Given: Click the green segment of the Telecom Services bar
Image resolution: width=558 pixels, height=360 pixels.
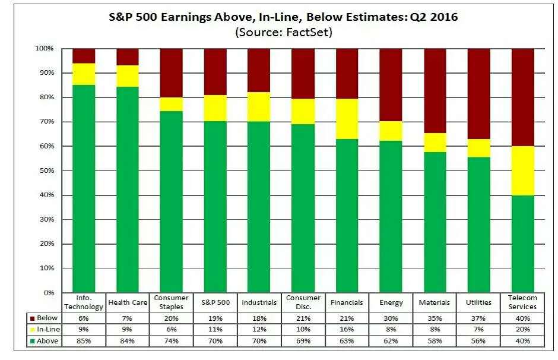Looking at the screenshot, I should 522,244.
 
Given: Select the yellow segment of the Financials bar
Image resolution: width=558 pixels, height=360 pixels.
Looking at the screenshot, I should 347,119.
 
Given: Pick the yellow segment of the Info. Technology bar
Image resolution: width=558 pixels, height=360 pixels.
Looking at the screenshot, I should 84,74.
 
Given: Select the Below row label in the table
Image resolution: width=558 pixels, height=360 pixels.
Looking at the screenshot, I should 47,318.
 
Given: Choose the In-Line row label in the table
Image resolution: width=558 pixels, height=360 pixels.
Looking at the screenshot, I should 47,330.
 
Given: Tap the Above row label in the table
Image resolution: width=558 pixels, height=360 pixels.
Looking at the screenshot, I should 47,341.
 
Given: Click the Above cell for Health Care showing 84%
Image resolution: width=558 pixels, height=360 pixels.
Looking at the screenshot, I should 128,341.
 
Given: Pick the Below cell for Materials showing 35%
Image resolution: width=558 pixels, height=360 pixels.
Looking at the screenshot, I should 435,318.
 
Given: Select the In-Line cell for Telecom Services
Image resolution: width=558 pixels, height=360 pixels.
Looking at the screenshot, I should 522,330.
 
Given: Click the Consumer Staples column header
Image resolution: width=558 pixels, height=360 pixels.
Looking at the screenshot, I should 171,302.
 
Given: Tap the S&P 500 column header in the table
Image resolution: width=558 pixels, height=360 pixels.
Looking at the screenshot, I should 215,302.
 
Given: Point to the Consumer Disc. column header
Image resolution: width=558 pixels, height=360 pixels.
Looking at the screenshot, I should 303,302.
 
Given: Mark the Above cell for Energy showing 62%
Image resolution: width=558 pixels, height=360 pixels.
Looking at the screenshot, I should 391,341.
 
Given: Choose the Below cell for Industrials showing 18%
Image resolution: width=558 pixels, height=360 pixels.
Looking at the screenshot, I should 259,318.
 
